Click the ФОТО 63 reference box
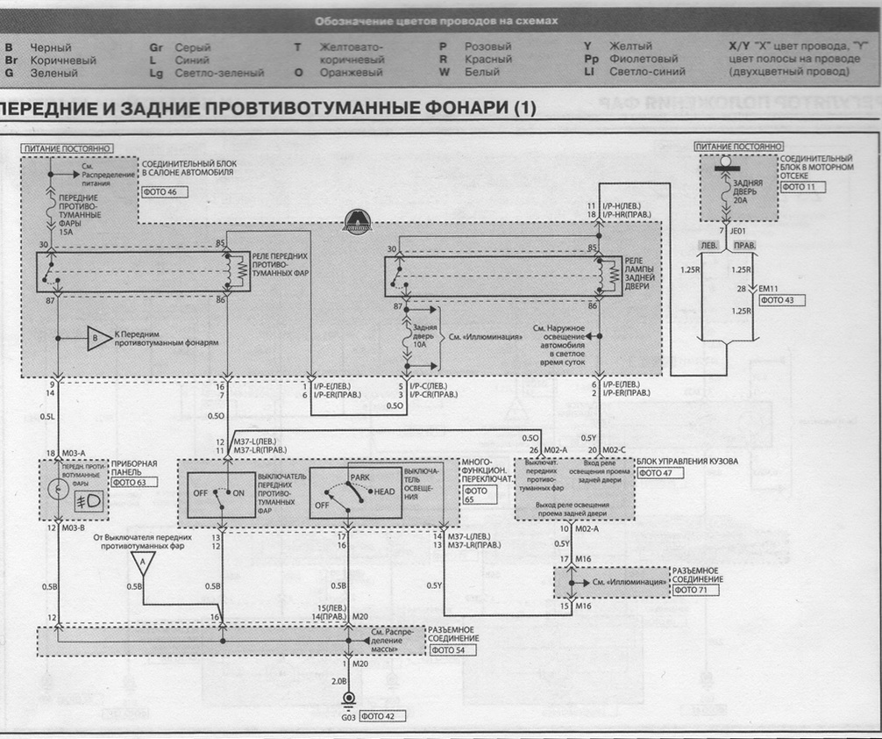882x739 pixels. (x=129, y=482)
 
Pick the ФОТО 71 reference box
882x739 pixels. (x=693, y=591)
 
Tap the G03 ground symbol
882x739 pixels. (x=348, y=700)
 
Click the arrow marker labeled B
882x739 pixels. (x=94, y=336)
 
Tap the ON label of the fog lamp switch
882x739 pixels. (x=238, y=492)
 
